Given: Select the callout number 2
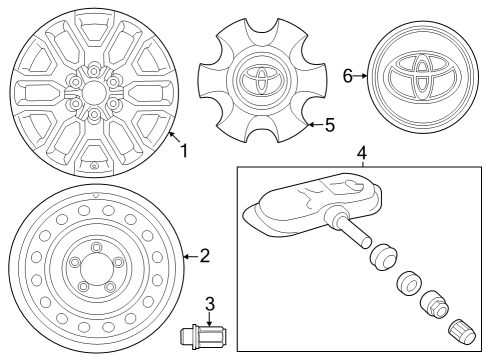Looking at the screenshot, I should click(x=204, y=256).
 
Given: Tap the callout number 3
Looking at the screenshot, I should click(x=210, y=303).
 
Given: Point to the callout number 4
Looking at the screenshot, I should click(x=362, y=152).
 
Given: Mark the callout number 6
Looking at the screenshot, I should click(x=348, y=75).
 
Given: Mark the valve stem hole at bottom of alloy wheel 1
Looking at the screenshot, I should click(x=93, y=165).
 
